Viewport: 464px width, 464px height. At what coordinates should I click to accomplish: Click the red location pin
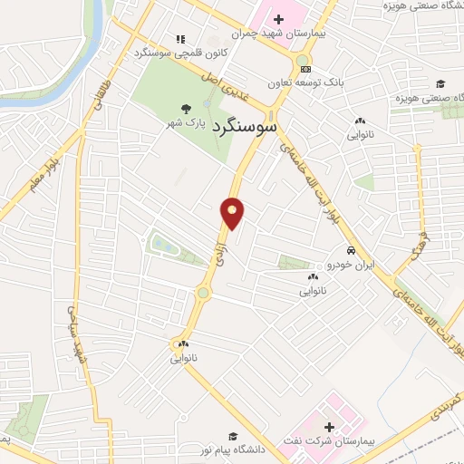coord(232,212)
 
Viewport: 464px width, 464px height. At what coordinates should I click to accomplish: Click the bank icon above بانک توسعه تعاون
coord(305,69)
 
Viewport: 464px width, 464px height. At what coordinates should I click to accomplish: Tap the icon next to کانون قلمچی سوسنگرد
coord(180,39)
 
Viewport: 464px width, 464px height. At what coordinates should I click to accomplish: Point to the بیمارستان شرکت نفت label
coord(328,441)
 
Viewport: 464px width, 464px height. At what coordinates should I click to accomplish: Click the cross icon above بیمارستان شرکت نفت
coord(328,427)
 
